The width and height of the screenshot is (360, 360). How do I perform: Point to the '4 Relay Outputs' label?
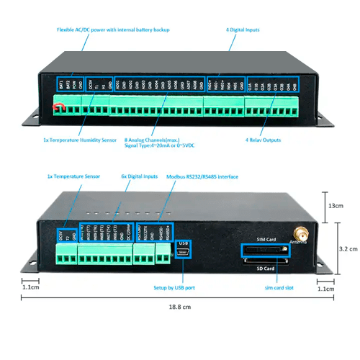261,140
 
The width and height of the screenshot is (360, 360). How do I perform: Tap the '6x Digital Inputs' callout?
140,176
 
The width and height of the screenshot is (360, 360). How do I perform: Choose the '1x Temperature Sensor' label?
73,176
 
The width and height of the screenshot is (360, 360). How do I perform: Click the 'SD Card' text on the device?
266,269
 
